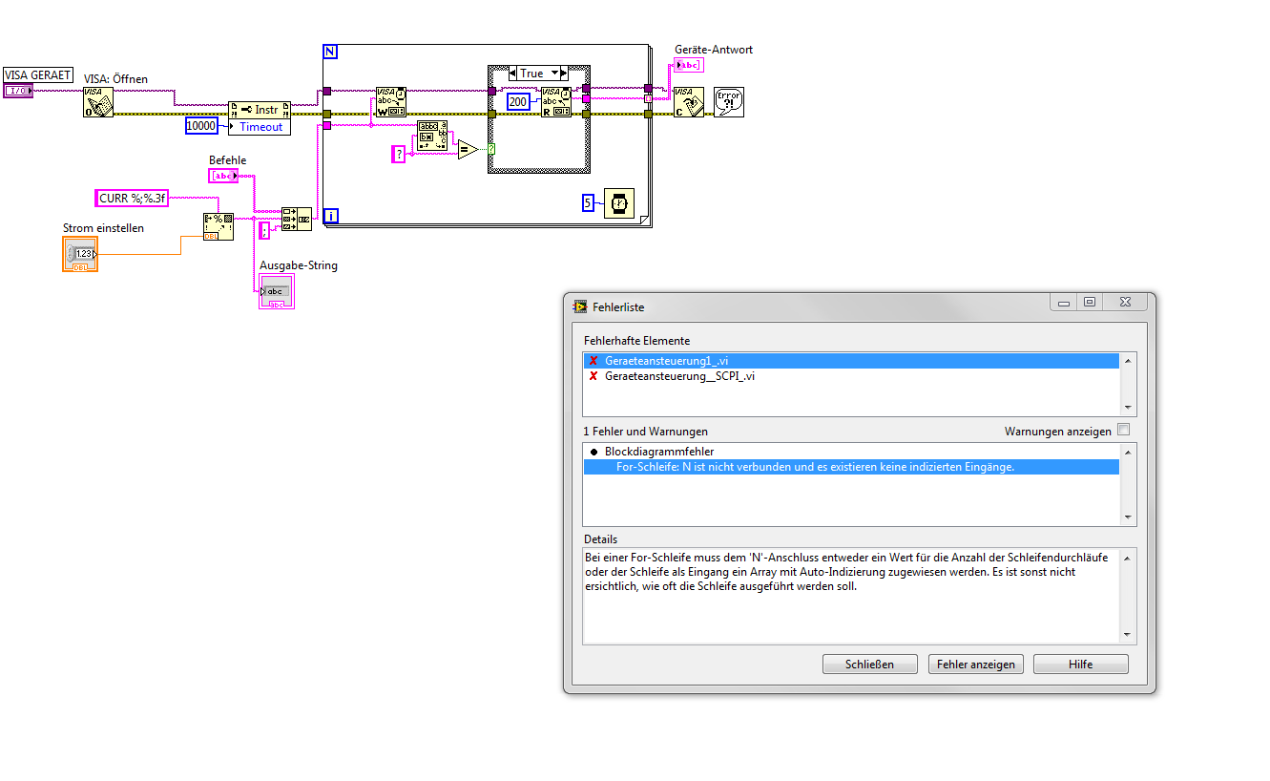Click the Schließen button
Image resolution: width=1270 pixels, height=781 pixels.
pos(869,665)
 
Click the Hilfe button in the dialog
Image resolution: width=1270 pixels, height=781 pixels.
pos(1081,665)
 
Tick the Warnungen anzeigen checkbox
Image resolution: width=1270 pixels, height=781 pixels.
pos(1124,430)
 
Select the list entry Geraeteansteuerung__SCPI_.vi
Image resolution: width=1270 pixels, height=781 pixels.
pos(679,376)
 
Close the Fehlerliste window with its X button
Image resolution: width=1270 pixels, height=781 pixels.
pos(1125,302)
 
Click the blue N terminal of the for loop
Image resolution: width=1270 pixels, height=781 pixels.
pos(330,52)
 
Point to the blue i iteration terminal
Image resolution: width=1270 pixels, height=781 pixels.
pos(331,216)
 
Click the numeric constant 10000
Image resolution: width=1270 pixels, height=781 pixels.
pos(201,126)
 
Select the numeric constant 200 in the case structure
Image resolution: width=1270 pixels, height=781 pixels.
pos(518,102)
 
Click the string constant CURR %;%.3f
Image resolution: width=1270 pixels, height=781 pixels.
pos(132,198)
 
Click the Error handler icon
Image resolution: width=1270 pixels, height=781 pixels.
pos(729,102)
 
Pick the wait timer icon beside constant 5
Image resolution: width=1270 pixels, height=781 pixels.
pos(619,203)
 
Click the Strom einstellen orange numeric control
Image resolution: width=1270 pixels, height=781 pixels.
pos(80,254)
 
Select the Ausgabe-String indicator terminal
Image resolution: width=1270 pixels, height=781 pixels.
pos(277,291)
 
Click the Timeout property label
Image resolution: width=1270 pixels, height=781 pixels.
pos(260,127)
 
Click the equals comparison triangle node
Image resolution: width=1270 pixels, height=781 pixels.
pos(468,150)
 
